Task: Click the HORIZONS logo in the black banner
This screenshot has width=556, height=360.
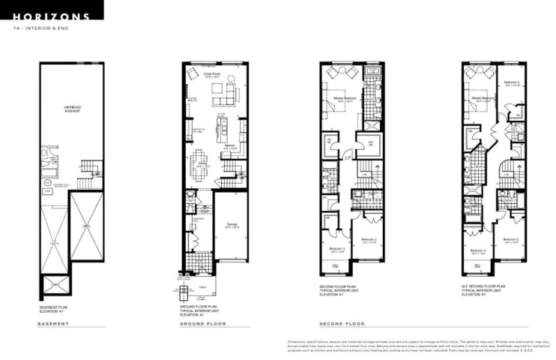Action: tap(51, 15)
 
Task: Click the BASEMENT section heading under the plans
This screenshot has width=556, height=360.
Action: tap(53, 324)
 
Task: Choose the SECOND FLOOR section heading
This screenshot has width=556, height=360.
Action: tap(342, 324)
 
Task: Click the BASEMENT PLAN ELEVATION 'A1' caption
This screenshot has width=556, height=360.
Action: tap(55, 309)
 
